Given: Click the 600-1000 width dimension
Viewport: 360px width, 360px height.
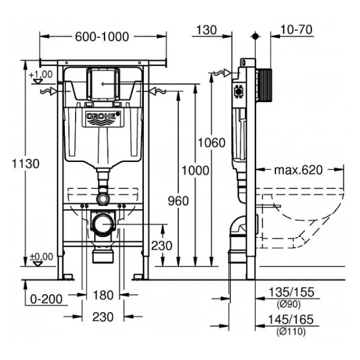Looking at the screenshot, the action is coord(102,37).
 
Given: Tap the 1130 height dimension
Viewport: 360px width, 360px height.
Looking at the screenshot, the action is coord(25,164).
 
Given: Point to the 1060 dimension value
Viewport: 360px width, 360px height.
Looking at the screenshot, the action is coord(211,143).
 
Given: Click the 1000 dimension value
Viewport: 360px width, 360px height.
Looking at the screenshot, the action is coord(196,170).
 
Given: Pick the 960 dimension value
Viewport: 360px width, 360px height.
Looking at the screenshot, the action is coord(178,201).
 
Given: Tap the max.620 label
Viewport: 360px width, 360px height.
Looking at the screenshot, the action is coord(298,170).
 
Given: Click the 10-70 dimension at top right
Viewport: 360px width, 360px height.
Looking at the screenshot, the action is coord(296,29).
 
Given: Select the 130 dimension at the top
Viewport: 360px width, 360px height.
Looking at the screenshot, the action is coord(206,30).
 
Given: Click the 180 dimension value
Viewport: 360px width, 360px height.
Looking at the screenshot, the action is coord(103,295).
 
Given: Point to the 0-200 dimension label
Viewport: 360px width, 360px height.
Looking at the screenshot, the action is coord(46,299).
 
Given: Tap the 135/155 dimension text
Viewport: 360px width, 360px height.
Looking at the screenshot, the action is coord(291,292).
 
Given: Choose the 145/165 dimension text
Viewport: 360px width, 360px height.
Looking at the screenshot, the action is coord(290,319).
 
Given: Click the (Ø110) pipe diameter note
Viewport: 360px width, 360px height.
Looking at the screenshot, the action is coord(291,331).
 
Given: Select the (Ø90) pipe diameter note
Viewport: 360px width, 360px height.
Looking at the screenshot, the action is coord(289,304).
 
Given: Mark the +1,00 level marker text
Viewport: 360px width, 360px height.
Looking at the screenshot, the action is coord(41,74).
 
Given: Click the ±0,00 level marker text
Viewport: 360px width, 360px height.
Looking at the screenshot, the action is coord(41,256).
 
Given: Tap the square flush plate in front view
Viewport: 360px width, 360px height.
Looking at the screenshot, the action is coord(103,85).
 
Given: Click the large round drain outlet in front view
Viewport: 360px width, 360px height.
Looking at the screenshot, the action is coord(103,223).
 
